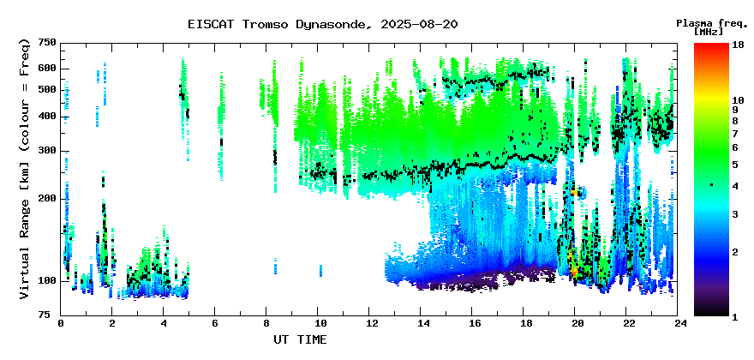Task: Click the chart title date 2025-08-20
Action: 419,25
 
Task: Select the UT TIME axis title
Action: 300,339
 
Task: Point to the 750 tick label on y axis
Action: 48,43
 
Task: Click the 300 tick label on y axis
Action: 48,151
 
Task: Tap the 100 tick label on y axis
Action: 48,280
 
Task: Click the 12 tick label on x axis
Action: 368,323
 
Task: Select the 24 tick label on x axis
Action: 677,323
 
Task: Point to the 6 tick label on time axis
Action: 215,323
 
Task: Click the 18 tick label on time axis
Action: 524,323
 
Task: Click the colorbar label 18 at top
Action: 739,46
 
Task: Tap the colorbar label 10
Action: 739,100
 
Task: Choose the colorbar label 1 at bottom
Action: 735,317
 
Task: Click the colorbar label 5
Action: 735,165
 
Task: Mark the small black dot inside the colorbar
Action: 712,185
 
